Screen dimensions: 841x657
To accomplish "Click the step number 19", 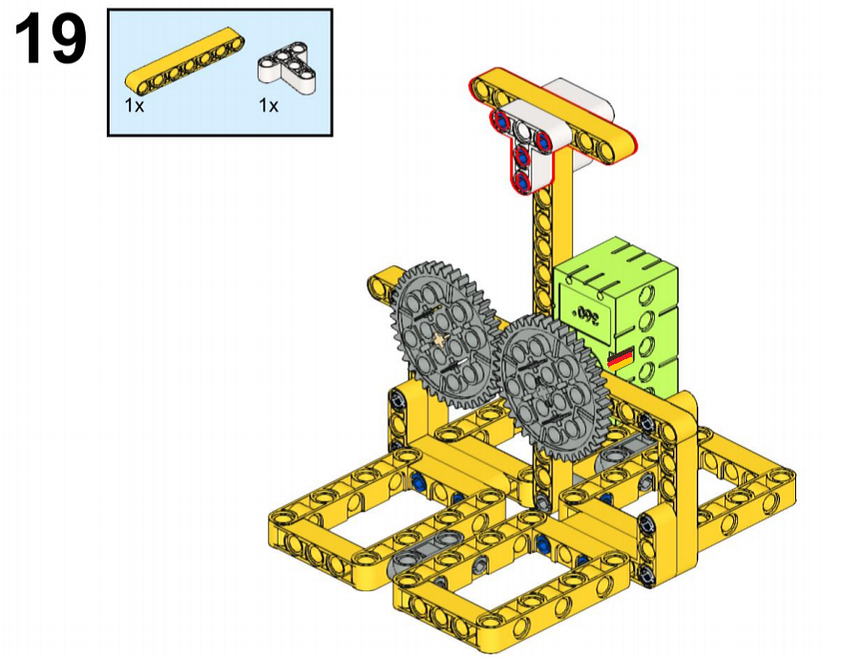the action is pos(51,38).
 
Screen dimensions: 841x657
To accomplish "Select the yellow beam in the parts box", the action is pos(185,58).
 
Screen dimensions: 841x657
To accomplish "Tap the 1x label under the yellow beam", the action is pos(135,105).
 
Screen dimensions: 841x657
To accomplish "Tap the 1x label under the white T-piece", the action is pos(268,105).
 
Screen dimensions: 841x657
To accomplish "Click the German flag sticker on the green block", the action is pos(620,358).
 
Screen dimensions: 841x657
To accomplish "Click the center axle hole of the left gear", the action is pos(440,339).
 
